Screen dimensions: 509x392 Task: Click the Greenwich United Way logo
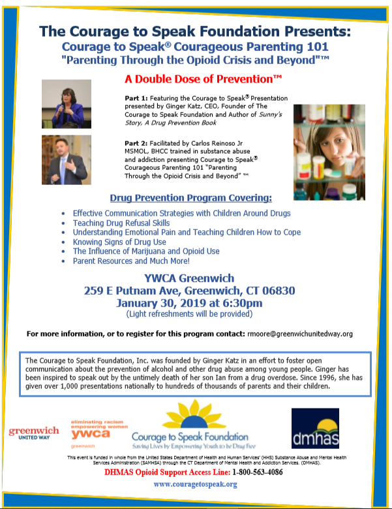34,433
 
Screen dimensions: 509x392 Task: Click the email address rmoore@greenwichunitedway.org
299,333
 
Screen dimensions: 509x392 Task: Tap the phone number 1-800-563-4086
251,472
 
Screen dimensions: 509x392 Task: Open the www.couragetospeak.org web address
195,484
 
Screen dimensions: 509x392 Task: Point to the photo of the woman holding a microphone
66,103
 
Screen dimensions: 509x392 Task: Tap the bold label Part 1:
137,98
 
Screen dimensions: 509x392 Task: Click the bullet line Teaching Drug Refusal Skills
121,223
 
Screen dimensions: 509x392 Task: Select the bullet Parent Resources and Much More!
140,261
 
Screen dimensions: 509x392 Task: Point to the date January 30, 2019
160,303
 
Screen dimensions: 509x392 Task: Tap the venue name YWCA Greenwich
190,278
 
